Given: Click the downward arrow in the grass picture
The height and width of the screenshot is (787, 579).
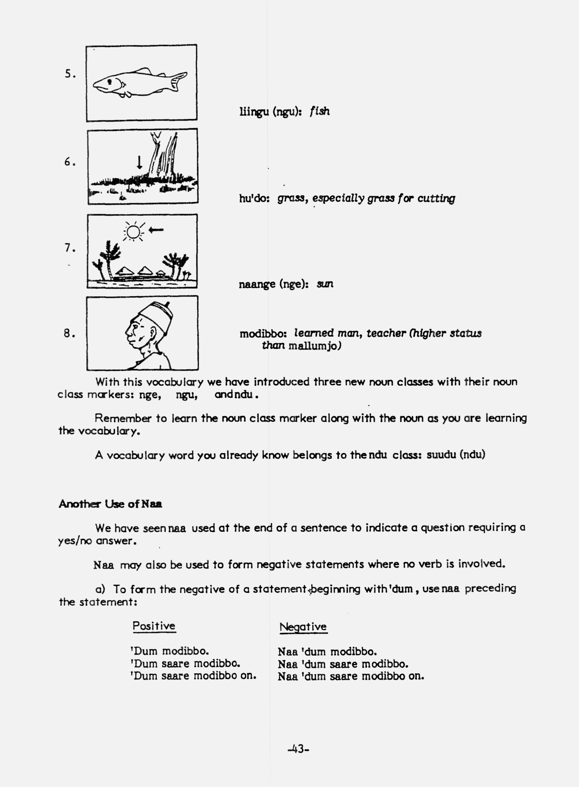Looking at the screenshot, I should coord(139,162).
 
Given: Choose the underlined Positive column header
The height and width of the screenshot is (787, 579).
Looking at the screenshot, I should coord(154,626).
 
